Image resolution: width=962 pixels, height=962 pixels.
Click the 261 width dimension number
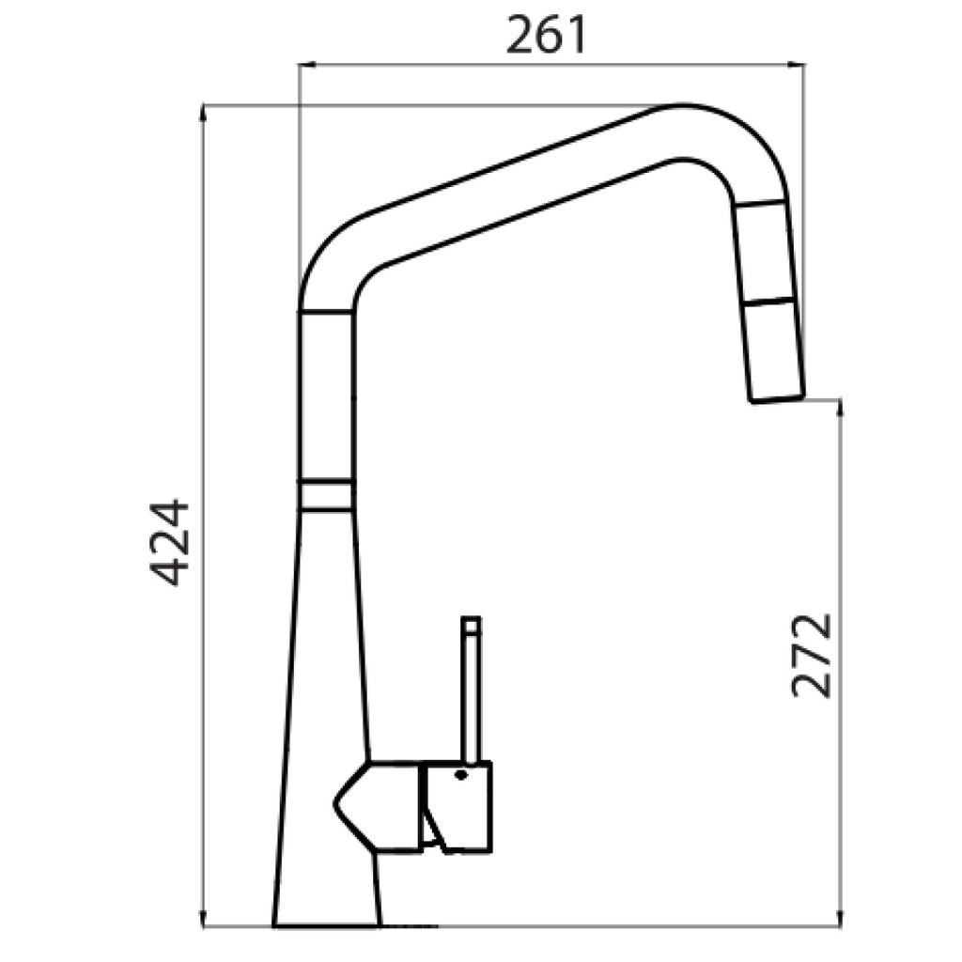tap(546, 37)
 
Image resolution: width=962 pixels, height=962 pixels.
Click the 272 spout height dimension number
tap(812, 655)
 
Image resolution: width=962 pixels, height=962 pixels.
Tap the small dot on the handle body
tap(460, 775)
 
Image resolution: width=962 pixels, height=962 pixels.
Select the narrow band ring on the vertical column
tap(326, 496)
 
